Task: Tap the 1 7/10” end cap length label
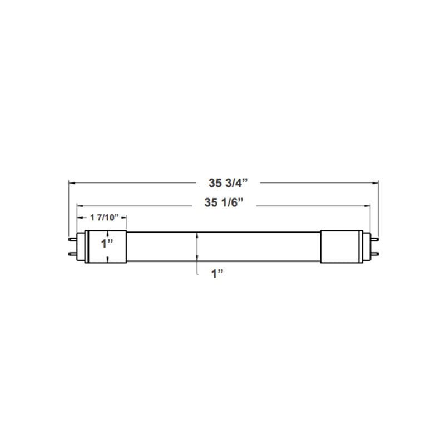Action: (101, 217)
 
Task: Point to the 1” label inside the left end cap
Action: (106, 243)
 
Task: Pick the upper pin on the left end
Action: (72, 239)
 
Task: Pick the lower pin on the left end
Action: (72, 253)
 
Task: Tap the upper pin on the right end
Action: (374, 239)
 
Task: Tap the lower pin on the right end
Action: (374, 253)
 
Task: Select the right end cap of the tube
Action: (341, 246)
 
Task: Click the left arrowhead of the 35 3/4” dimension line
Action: (71, 182)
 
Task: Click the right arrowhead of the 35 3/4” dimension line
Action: (375, 182)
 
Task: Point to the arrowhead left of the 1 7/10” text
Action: (79, 217)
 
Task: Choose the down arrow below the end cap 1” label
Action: (106, 259)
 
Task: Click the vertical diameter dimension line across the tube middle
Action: (197, 246)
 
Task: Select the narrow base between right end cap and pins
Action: (365, 246)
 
